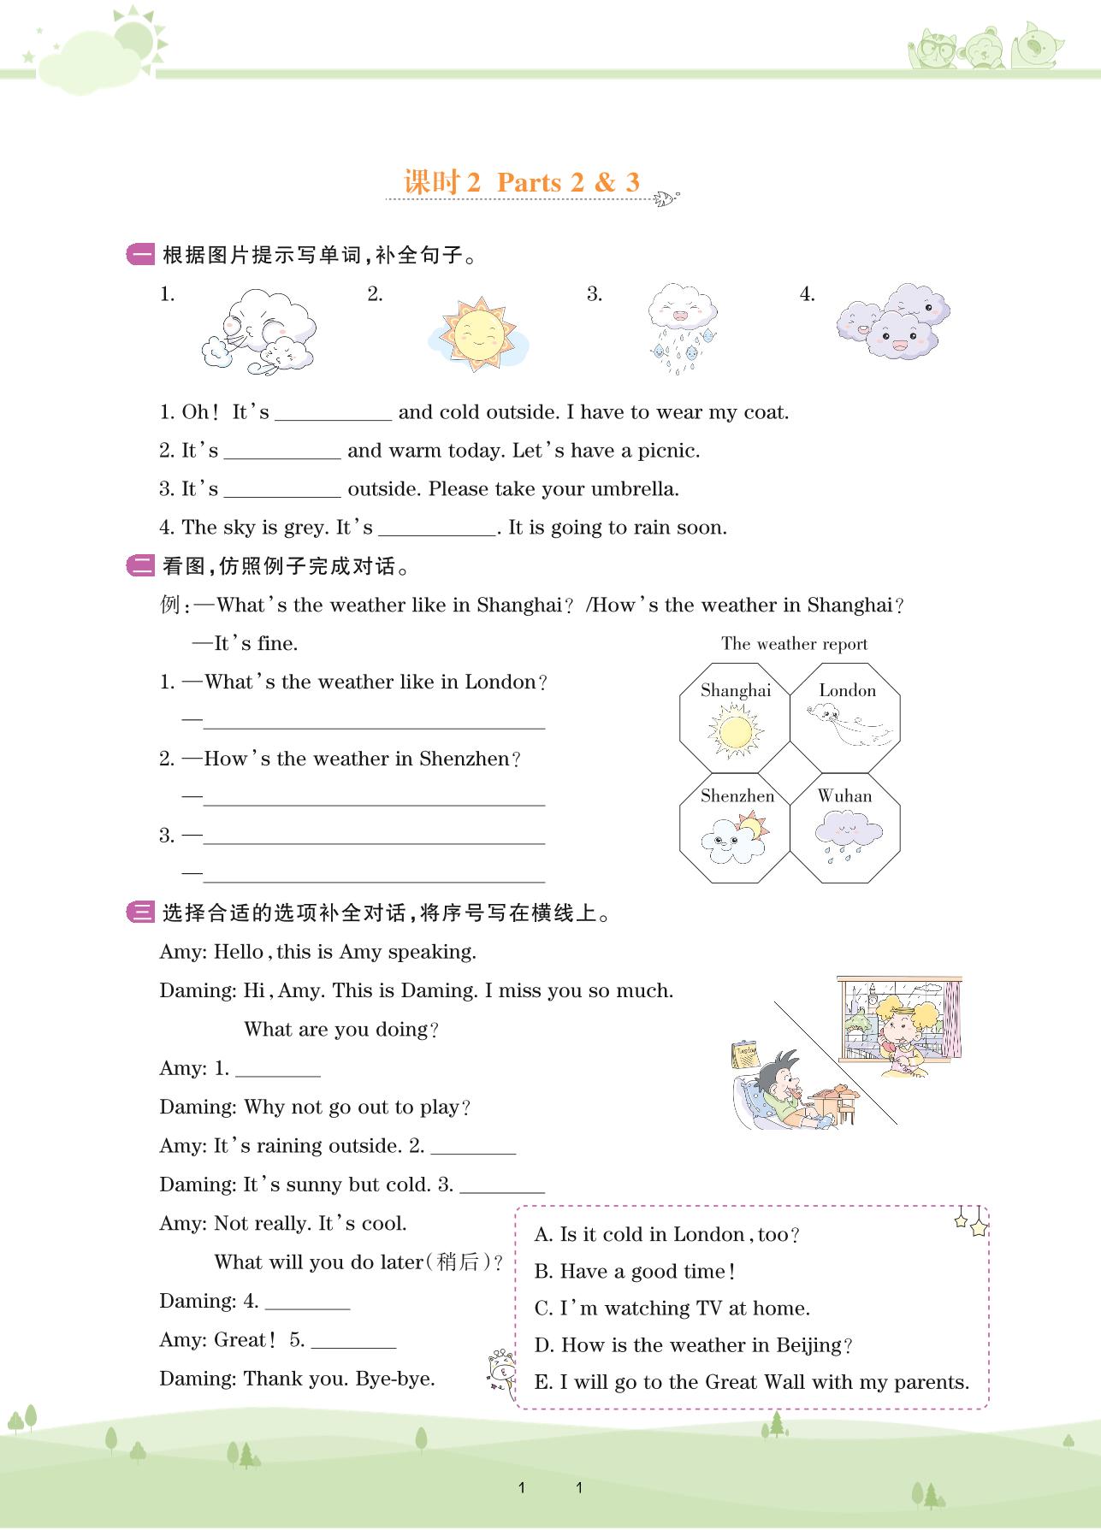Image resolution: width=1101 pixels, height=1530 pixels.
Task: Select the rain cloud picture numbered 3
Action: [682, 328]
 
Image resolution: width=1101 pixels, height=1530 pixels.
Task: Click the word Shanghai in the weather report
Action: [736, 691]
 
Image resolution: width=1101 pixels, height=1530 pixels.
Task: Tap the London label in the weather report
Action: [847, 691]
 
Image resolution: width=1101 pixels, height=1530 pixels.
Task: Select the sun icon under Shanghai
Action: [734, 733]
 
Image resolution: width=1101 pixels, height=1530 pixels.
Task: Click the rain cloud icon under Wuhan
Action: [847, 833]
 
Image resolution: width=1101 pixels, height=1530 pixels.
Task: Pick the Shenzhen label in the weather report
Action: [737, 796]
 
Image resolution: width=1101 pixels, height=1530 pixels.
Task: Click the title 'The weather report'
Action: [794, 644]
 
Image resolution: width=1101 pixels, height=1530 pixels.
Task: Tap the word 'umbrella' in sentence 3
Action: [637, 490]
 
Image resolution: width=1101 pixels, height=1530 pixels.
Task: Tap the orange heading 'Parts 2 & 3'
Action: [568, 182]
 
